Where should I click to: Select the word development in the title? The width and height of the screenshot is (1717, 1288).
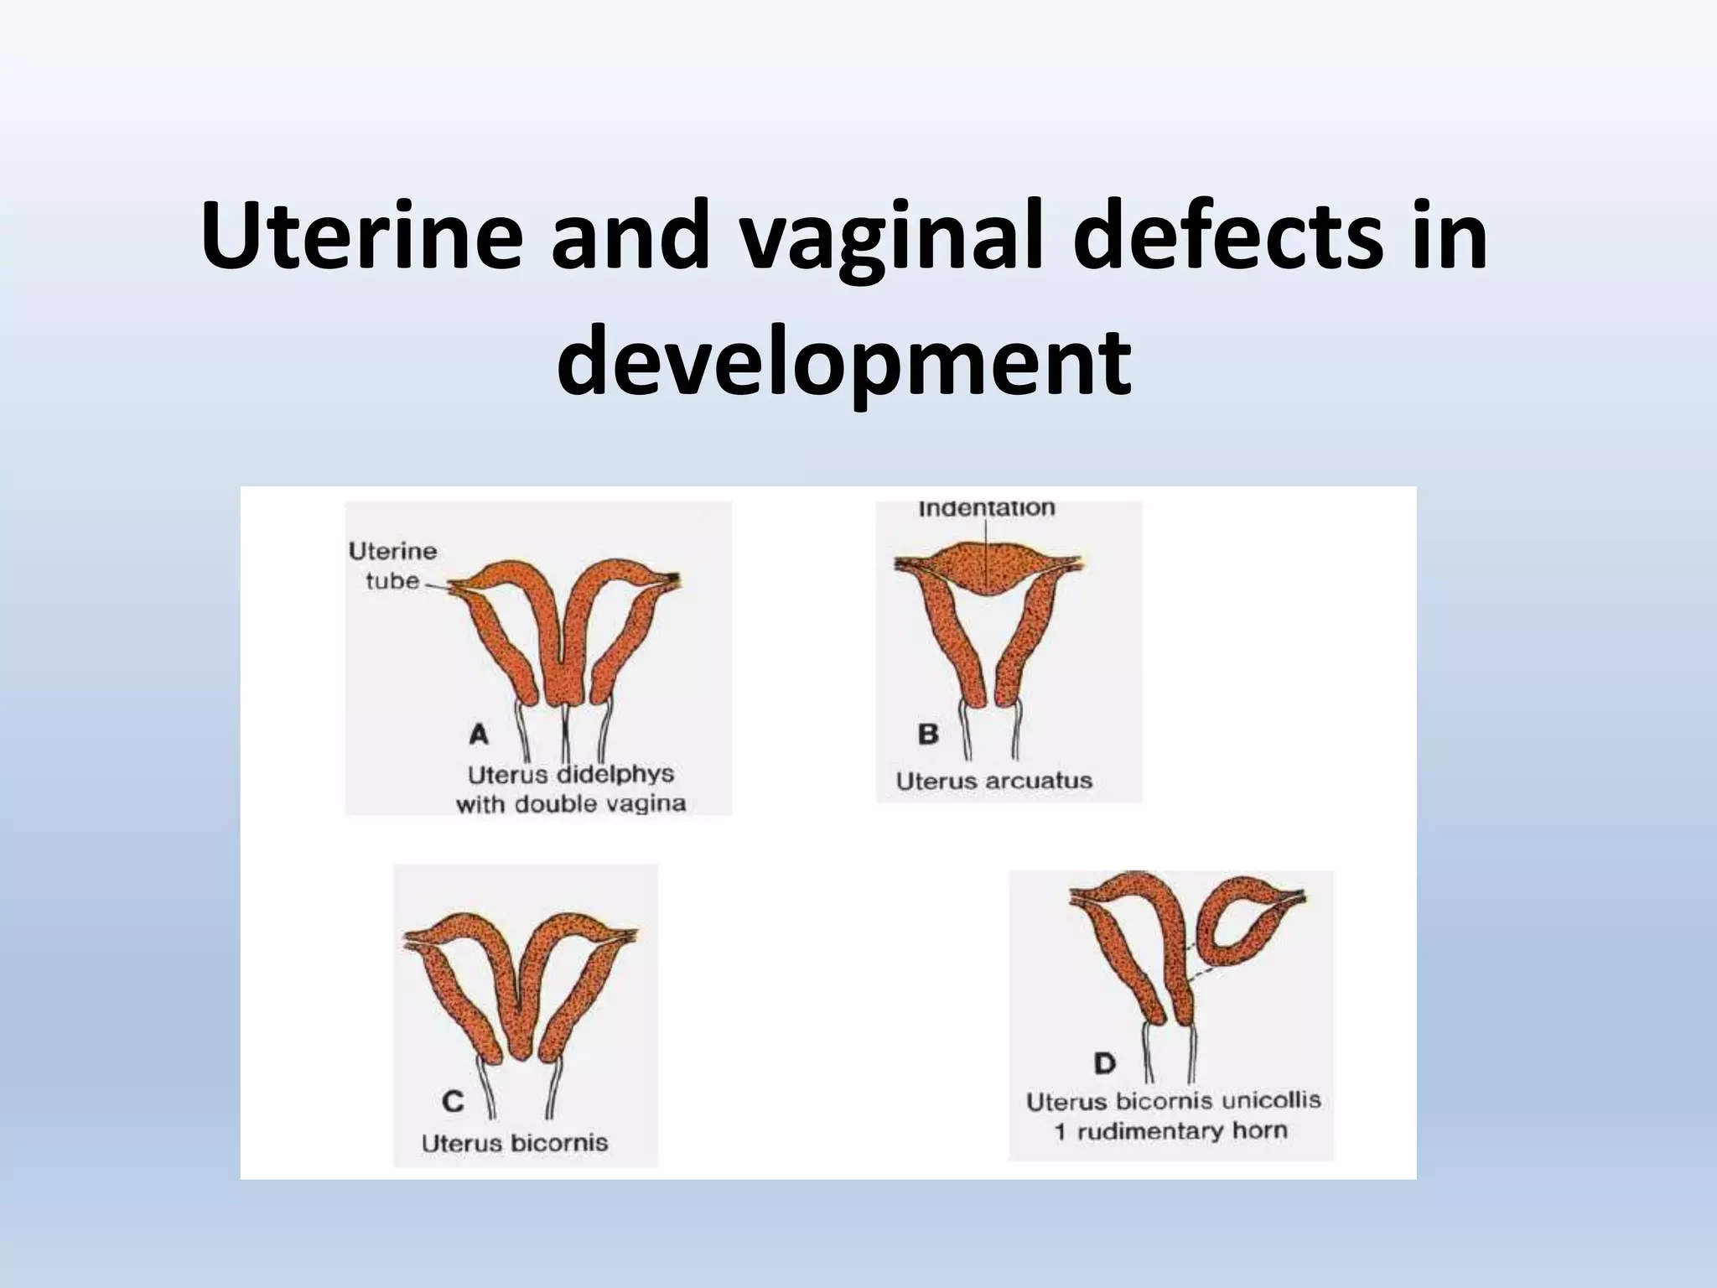pyautogui.click(x=844, y=363)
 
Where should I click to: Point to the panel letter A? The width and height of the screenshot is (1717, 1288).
pyautogui.click(x=479, y=735)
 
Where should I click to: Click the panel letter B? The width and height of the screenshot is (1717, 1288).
pyautogui.click(x=928, y=734)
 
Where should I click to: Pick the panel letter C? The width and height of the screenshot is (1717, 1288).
pyautogui.click(x=453, y=1100)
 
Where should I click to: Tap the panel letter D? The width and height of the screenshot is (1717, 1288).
pyautogui.click(x=1105, y=1063)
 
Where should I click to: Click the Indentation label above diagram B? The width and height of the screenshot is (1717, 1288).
pyautogui.click(x=987, y=508)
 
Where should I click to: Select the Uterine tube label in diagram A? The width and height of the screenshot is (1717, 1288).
pyautogui.click(x=393, y=565)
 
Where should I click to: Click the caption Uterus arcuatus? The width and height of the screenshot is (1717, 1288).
pyautogui.click(x=994, y=781)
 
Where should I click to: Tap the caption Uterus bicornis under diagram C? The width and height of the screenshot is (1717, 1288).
pyautogui.click(x=515, y=1143)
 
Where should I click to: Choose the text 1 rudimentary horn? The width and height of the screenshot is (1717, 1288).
pyautogui.click(x=1170, y=1131)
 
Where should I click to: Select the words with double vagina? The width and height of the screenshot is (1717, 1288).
pyautogui.click(x=571, y=804)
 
